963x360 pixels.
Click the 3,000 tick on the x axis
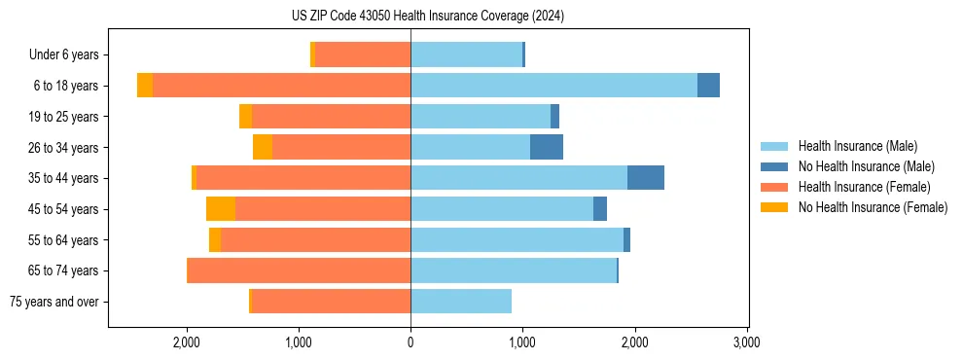(x=746, y=342)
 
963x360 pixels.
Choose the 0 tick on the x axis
(x=410, y=342)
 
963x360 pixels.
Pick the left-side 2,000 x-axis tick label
(x=186, y=342)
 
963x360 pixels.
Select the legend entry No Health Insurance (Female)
(x=873, y=207)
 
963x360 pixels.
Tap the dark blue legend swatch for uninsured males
(x=774, y=166)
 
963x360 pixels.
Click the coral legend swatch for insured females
(x=774, y=187)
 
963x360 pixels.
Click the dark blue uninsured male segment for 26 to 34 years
(x=547, y=147)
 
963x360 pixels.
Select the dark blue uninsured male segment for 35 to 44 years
(x=646, y=178)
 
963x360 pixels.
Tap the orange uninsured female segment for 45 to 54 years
(x=221, y=209)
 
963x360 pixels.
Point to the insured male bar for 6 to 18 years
(x=553, y=86)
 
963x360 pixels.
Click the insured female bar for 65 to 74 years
(x=299, y=270)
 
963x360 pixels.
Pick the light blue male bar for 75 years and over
(x=461, y=302)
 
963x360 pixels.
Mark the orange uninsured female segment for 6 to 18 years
(x=145, y=86)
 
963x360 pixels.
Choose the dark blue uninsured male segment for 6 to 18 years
(x=708, y=86)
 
